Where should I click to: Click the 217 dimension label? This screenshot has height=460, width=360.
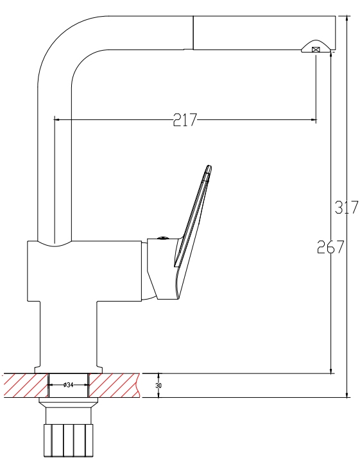(x=185, y=120)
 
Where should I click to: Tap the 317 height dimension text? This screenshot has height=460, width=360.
(x=347, y=207)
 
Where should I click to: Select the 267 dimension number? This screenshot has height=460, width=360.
(x=330, y=247)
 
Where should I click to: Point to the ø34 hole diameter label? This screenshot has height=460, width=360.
(x=68, y=384)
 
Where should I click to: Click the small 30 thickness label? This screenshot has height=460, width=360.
(x=159, y=385)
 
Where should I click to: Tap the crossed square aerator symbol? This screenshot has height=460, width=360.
(x=316, y=50)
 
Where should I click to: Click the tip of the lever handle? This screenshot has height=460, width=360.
(x=209, y=167)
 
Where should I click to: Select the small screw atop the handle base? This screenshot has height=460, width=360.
(x=162, y=237)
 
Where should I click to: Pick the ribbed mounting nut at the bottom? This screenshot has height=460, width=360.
(x=69, y=440)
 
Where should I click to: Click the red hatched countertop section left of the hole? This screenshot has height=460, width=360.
(x=26, y=386)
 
